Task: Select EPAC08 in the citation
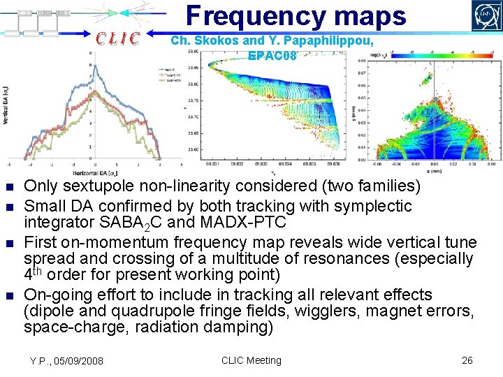[272, 55]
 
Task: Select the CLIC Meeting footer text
[251, 360]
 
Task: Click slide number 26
[467, 360]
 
